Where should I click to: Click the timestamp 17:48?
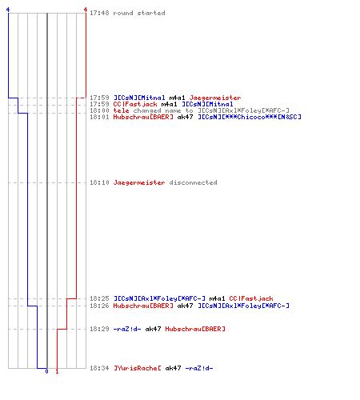pos(99,13)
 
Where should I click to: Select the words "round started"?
pos(139,13)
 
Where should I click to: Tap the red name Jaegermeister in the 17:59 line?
pos(215,98)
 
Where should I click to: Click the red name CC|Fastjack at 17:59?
pos(135,104)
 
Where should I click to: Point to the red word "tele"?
pos(121,110)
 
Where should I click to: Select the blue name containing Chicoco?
pos(250,117)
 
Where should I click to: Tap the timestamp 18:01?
pos(99,117)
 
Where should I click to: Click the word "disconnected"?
pos(193,182)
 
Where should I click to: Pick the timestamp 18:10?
pos(99,182)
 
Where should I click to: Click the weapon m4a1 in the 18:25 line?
pos(217,298)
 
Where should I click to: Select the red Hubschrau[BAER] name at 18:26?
pos(143,306)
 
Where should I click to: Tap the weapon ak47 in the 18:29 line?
pos(153,329)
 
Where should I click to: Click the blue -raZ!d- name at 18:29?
pos(127,329)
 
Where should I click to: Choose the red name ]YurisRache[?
pos(138,368)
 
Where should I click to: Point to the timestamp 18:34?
pos(99,368)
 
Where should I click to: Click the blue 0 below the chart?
pos(46,371)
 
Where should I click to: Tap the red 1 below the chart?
pos(57,371)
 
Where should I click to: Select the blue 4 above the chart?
pos(8,10)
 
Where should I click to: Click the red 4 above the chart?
pos(86,10)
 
